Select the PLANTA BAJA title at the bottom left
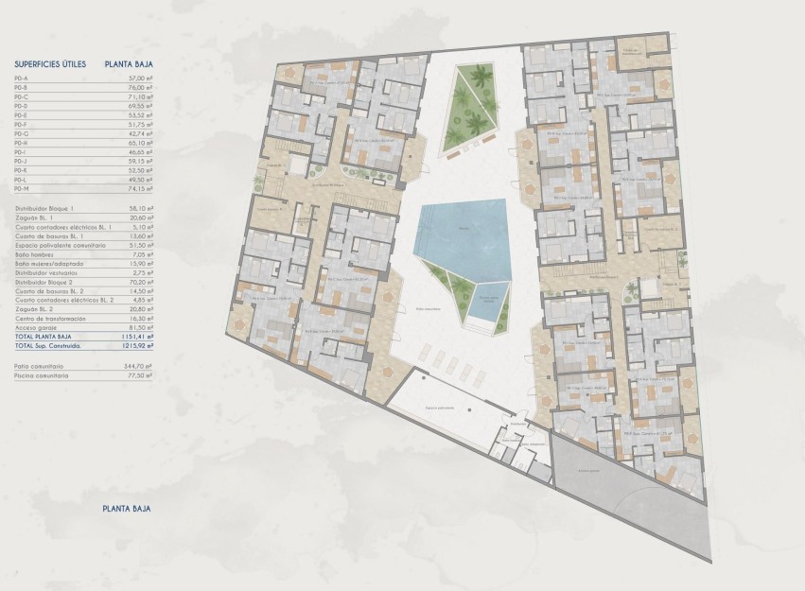pos(127,509)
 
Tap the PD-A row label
pos(22,78)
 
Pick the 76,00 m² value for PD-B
pos(138,88)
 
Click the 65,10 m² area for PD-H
pos(138,143)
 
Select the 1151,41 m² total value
pos(134,337)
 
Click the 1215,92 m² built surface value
pos(134,345)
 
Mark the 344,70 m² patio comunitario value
pos(136,366)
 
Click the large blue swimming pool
pos(464,233)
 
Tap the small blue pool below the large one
pos(489,302)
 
